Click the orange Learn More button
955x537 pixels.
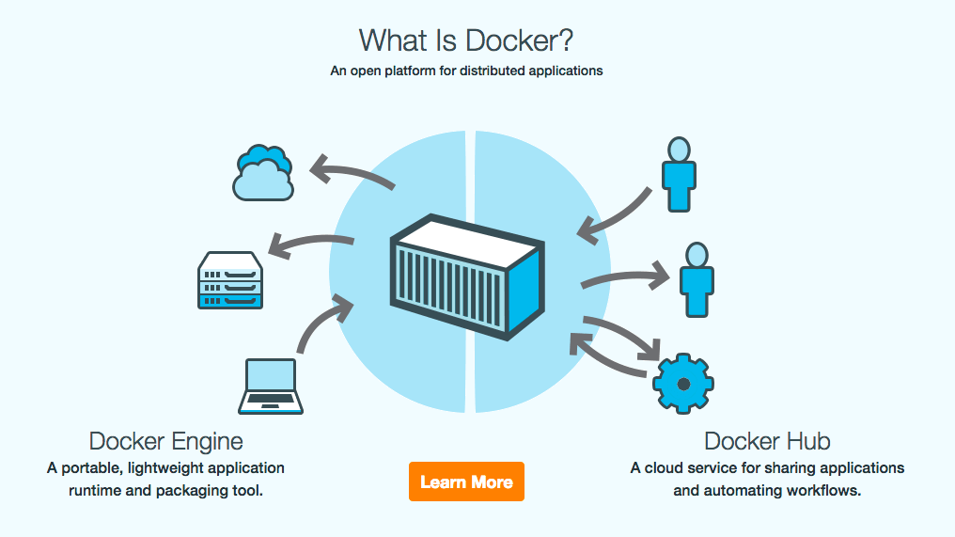click(x=466, y=482)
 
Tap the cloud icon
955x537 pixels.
click(x=262, y=174)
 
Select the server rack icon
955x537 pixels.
click(x=230, y=280)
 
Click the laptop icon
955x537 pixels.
click(x=271, y=387)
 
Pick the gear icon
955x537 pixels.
click(x=682, y=384)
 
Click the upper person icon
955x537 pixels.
click(x=678, y=174)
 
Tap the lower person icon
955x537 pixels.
click(x=696, y=279)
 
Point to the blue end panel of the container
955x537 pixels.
click(x=525, y=287)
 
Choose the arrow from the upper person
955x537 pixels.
click(x=615, y=217)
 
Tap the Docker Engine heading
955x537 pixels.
click(x=165, y=441)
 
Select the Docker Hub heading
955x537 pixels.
click(x=767, y=441)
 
